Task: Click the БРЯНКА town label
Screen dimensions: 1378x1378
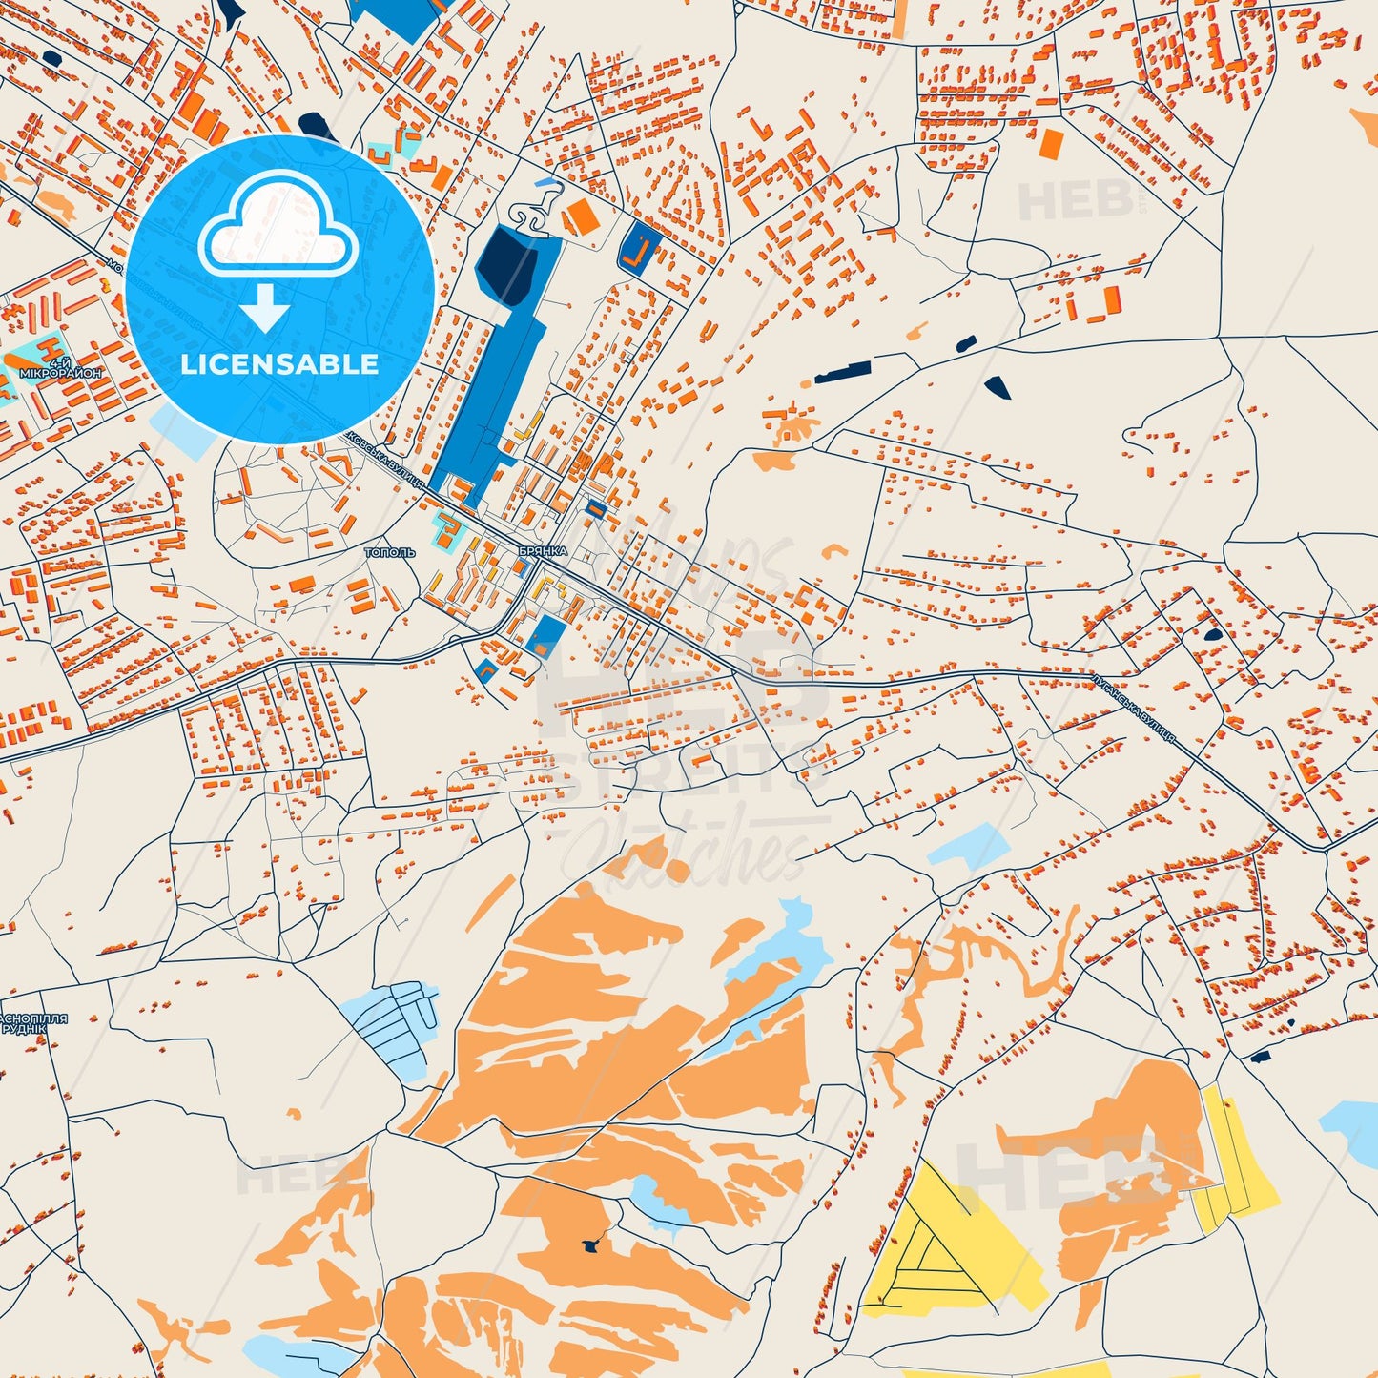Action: (543, 551)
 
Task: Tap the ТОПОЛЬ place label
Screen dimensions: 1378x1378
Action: (390, 552)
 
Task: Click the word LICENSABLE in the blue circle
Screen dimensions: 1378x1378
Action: (279, 364)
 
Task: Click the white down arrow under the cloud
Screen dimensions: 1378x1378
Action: (265, 307)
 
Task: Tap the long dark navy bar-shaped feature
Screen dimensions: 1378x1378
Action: (843, 372)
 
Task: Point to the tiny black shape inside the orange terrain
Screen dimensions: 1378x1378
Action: (592, 1244)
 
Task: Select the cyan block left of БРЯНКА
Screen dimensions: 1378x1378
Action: (444, 529)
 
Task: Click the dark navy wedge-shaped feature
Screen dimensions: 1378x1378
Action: (997, 386)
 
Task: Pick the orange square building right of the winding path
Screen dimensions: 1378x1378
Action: (581, 217)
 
